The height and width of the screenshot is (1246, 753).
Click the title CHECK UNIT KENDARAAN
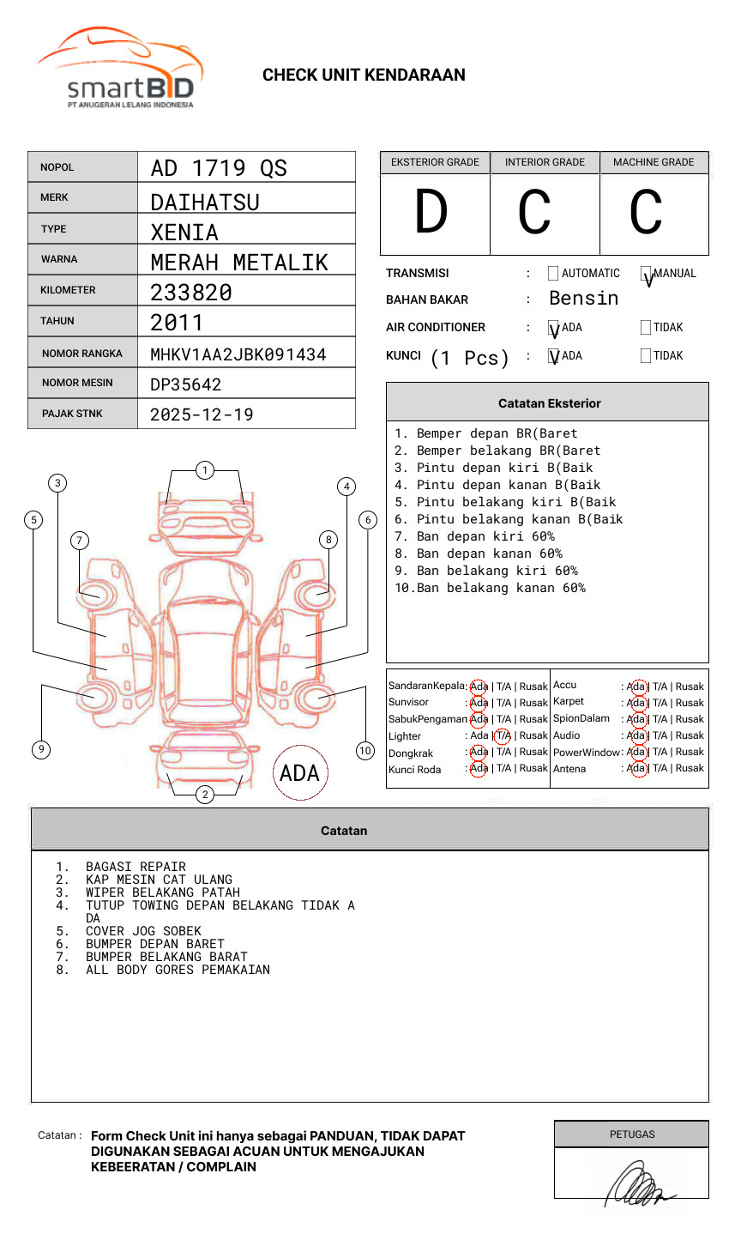coord(364,76)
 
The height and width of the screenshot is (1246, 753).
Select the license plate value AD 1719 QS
coord(219,168)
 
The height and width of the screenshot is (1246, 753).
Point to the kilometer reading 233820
coord(191,293)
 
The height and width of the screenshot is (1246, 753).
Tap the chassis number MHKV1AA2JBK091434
coord(238,354)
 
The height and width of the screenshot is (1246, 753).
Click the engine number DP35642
coord(186,384)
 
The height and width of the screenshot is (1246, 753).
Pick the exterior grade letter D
coord(431,213)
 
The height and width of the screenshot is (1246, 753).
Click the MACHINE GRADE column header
coord(654,162)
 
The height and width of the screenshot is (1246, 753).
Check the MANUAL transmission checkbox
coord(646,275)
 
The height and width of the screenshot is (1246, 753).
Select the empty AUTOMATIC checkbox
coord(553,274)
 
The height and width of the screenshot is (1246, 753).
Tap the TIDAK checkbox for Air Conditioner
coord(646,328)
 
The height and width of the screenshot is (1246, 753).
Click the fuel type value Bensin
coord(583,299)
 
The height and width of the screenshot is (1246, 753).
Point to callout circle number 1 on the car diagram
coord(204,470)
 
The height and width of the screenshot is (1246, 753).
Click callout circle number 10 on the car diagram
coord(365,751)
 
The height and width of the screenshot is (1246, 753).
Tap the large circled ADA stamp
coord(300,773)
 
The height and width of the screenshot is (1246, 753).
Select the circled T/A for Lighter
coord(503,735)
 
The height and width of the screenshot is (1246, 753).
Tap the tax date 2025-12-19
coord(202,414)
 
